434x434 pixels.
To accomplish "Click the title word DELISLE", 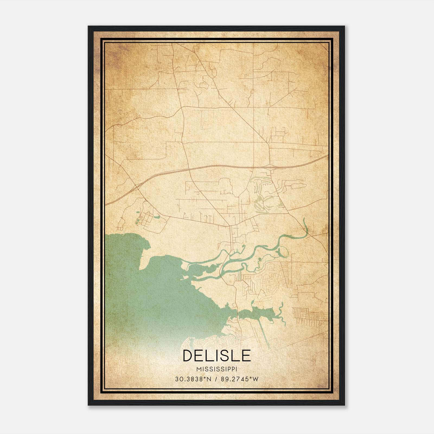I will coord(217,356).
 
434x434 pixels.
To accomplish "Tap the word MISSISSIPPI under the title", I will coord(217,369).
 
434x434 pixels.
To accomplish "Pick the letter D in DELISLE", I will coord(188,356).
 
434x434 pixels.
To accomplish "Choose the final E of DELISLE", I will coord(246,356).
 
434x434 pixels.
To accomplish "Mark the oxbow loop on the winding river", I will coord(282,251).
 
